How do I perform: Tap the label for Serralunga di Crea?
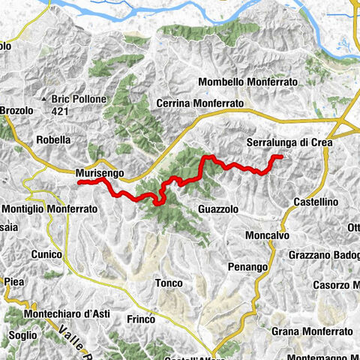(289, 140)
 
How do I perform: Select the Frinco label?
(140, 319)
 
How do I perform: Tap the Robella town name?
(53, 139)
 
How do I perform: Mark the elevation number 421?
(70, 111)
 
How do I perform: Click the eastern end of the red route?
(280, 156)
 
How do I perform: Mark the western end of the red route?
(78, 181)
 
